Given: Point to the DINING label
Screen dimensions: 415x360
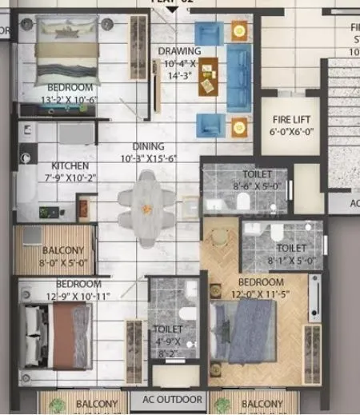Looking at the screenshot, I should (149, 146).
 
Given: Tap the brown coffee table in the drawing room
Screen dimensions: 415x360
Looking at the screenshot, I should (210, 76).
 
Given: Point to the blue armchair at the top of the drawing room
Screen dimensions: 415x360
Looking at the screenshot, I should (208, 34).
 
